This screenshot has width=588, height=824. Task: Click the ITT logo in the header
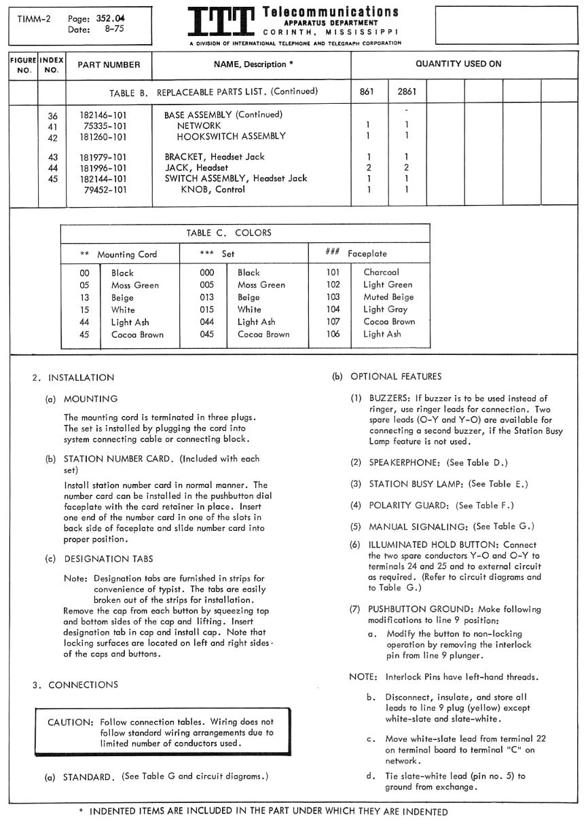(x=221, y=22)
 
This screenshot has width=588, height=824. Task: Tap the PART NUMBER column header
(x=109, y=65)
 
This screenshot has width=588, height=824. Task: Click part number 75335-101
(x=105, y=126)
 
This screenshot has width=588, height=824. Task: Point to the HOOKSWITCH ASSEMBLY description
(x=231, y=136)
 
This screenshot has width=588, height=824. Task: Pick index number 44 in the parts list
(x=52, y=168)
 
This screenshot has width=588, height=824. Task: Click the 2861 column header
(x=407, y=91)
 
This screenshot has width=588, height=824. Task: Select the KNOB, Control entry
(x=213, y=190)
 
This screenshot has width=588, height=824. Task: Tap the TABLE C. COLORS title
(x=229, y=233)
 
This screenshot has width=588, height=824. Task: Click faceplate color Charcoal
(x=381, y=272)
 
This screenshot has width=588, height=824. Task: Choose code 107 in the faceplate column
(x=333, y=322)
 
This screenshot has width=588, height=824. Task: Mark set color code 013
(x=207, y=297)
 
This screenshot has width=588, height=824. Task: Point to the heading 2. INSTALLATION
(x=73, y=377)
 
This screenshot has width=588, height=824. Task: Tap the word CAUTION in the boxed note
(x=69, y=722)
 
